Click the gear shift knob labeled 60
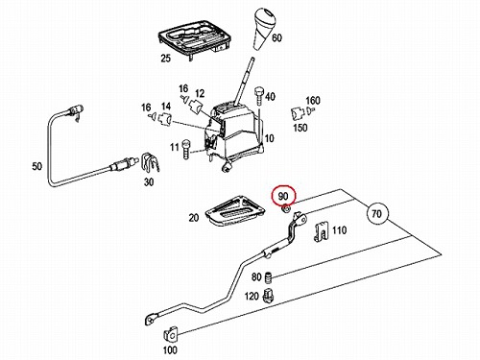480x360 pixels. click(x=264, y=26)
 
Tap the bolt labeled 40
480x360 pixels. click(x=258, y=96)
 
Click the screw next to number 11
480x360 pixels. click(x=185, y=149)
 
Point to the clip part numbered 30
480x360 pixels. click(x=150, y=163)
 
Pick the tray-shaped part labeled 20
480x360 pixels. click(x=235, y=210)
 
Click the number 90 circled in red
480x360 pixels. click(x=283, y=196)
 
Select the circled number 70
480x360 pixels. click(x=377, y=213)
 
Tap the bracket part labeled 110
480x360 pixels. click(x=322, y=231)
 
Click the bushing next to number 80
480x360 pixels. click(x=268, y=277)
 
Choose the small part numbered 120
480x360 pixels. click(x=267, y=296)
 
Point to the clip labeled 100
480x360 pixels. click(x=171, y=334)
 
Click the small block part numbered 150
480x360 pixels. click(x=298, y=113)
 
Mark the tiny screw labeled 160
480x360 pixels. click(x=310, y=111)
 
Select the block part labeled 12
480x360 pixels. click(x=195, y=107)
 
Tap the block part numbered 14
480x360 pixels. click(x=165, y=119)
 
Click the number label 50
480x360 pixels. click(x=37, y=166)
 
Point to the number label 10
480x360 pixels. click(x=270, y=138)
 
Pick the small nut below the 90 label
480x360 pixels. click(x=285, y=209)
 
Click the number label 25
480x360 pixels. click(x=166, y=59)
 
